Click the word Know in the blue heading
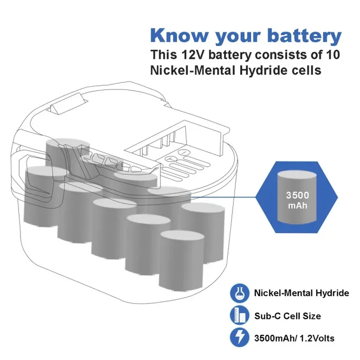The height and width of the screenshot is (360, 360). (179, 35)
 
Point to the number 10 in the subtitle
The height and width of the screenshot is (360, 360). (332, 55)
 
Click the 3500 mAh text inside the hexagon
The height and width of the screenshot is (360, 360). (298, 200)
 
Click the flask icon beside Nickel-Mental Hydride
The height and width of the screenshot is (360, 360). (240, 293)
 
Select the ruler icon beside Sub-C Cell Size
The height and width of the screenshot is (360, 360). (240, 315)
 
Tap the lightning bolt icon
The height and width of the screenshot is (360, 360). (240, 337)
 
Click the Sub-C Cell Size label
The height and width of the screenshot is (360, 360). (287, 316)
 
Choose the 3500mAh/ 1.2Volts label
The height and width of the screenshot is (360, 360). (294, 338)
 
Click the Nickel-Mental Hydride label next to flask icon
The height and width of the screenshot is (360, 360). (301, 293)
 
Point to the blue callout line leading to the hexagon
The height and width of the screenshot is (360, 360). (224, 197)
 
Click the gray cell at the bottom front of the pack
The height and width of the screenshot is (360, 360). (182, 260)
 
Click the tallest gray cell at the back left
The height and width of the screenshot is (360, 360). (67, 153)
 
